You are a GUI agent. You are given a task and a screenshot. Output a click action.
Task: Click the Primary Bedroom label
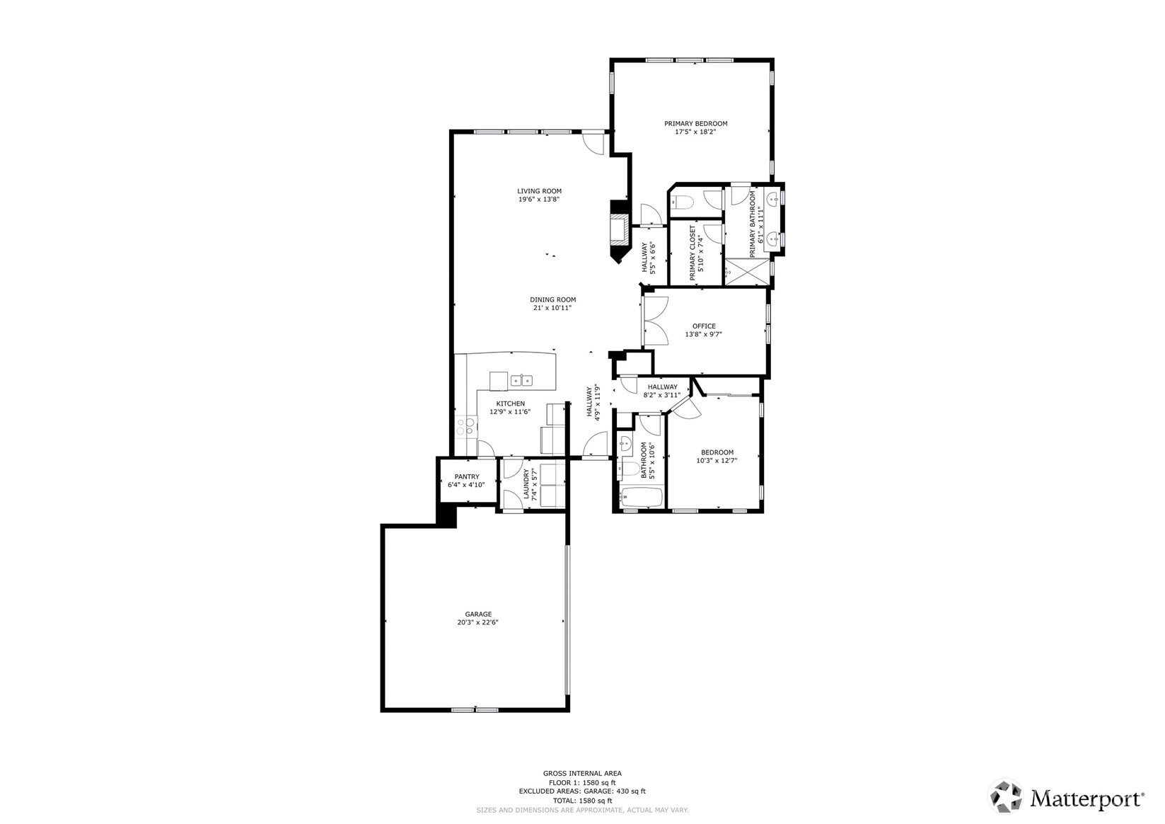pyautogui.click(x=695, y=123)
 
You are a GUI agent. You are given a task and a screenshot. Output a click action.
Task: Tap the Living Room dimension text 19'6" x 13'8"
pyautogui.click(x=539, y=199)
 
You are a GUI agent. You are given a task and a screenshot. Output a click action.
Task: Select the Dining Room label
pyautogui.click(x=553, y=299)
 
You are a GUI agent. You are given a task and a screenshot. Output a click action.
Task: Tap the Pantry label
pyautogui.click(x=467, y=476)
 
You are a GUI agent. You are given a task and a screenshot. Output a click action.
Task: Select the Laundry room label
pyautogui.click(x=526, y=483)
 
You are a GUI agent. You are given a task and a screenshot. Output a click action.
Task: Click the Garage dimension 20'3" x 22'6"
pyautogui.click(x=478, y=622)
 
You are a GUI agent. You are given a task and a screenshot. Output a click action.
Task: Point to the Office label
pyautogui.click(x=704, y=326)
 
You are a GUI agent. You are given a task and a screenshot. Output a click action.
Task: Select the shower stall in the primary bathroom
pyautogui.click(x=747, y=271)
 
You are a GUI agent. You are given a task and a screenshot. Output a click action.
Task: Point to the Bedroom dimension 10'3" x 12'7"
pyautogui.click(x=717, y=460)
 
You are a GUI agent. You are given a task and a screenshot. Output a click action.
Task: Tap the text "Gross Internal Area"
pyautogui.click(x=582, y=774)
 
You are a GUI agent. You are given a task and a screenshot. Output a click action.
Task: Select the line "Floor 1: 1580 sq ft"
pyautogui.click(x=582, y=782)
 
